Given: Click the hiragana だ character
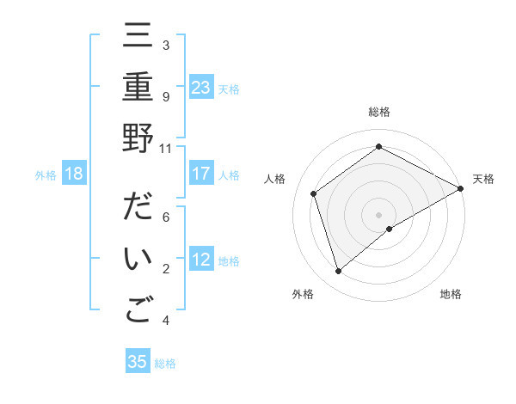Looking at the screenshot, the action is [138, 209].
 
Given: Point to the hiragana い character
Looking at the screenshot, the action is [138, 260].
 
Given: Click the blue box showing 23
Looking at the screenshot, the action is [201, 87].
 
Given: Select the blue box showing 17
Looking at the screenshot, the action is [201, 174].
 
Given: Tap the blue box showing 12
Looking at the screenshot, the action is [201, 260].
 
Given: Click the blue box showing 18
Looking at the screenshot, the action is [74, 174].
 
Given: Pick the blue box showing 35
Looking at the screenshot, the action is [138, 362].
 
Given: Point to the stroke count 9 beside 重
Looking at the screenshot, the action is [166, 96].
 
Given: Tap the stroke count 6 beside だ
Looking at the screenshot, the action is [166, 217].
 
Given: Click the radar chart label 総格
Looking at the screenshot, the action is [378, 112].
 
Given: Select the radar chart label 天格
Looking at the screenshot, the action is [483, 179].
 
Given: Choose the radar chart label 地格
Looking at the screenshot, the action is [451, 294].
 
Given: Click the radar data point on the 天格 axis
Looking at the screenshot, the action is [460, 188].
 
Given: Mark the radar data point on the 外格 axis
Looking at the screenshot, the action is [338, 272].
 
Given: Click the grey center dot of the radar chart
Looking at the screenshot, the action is [378, 214].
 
